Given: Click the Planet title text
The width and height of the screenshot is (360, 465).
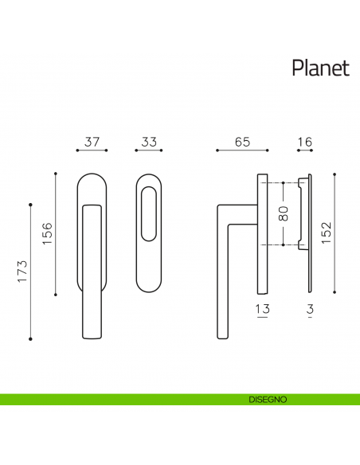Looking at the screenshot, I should click(x=320, y=68).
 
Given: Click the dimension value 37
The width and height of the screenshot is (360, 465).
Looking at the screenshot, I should click(x=92, y=143).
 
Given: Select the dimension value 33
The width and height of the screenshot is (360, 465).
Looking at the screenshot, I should click(x=149, y=143).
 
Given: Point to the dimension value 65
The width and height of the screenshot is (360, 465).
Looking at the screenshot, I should click(x=243, y=143).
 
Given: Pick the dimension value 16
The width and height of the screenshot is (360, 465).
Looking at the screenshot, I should click(x=303, y=143).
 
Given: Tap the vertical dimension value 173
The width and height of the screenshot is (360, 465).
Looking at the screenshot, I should click(x=22, y=272).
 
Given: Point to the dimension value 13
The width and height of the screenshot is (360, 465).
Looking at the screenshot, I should click(x=263, y=309).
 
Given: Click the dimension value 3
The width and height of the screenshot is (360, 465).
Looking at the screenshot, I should click(x=308, y=309).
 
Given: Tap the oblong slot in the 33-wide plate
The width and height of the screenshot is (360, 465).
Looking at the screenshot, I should click(x=149, y=213).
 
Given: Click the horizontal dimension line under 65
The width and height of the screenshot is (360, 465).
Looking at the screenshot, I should click(x=244, y=150).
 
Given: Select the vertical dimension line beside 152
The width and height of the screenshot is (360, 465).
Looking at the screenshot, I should click(x=335, y=232).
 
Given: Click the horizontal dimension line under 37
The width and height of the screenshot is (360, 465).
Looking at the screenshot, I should click(x=92, y=150).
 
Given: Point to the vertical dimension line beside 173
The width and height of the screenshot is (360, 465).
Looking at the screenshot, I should click(x=31, y=272).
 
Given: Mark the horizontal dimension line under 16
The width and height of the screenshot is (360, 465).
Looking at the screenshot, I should click(x=303, y=150).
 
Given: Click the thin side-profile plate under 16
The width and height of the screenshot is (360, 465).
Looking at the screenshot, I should click(x=308, y=231).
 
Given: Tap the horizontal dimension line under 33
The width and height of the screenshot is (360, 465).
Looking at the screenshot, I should click(x=149, y=150).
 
